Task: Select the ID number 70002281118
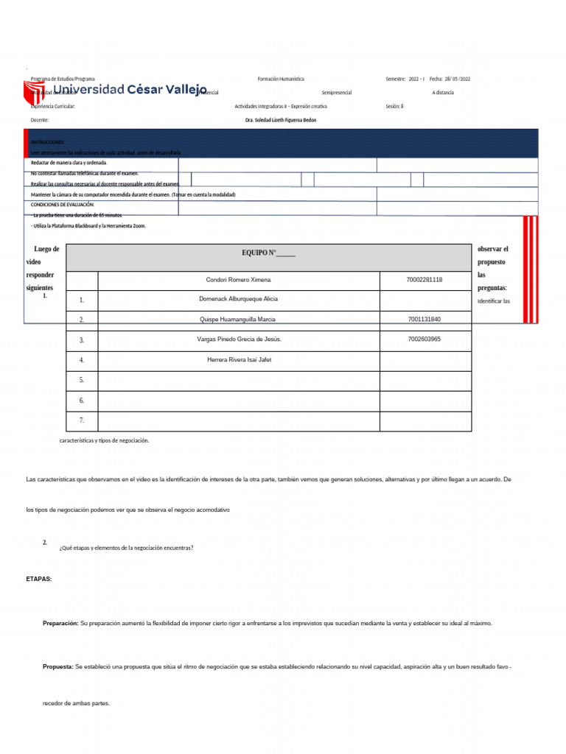click(x=424, y=281)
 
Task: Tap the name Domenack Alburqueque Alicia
click(x=239, y=300)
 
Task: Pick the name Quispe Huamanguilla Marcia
click(x=239, y=320)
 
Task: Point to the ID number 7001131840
click(x=424, y=320)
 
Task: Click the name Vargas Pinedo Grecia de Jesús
click(x=239, y=339)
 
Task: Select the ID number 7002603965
click(x=424, y=339)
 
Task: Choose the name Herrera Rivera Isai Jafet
click(x=239, y=360)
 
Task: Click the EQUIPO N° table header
click(x=268, y=253)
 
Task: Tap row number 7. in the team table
click(x=82, y=420)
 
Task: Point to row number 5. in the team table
click(x=82, y=380)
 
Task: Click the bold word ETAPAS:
click(x=39, y=579)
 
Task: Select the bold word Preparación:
click(x=60, y=624)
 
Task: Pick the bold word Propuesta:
click(x=57, y=666)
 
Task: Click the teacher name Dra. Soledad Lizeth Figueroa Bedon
click(x=280, y=120)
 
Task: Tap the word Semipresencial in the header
click(x=337, y=93)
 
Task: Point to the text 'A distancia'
click(x=443, y=93)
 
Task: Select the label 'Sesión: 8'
click(x=394, y=106)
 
